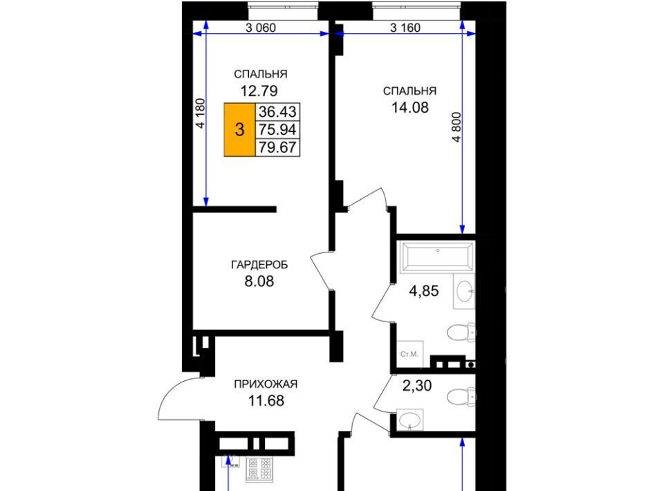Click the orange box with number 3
(x=240, y=129)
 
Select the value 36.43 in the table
(x=277, y=112)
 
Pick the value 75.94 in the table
(x=277, y=129)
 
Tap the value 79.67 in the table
(x=277, y=147)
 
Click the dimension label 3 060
(x=261, y=28)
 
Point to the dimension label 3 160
(x=405, y=28)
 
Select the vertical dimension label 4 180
(x=200, y=113)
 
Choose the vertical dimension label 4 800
(x=456, y=127)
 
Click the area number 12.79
(x=259, y=91)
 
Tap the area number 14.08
(x=410, y=107)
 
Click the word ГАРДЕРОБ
(x=259, y=265)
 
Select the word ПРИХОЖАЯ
(x=266, y=385)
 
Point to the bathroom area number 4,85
(x=423, y=291)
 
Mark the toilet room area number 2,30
(x=416, y=386)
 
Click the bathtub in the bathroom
(x=437, y=256)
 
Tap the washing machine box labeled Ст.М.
(x=410, y=354)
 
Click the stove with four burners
(x=259, y=470)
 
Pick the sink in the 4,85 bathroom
(x=465, y=291)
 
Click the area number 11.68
(x=266, y=400)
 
